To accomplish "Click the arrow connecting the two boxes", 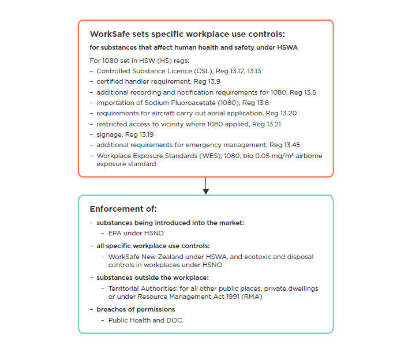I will tap(206, 186).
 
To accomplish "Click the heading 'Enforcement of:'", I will tap(123, 209).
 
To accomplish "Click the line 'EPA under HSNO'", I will tap(136, 233).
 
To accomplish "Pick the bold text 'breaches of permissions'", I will tap(136, 309).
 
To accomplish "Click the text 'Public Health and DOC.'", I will tap(145, 320).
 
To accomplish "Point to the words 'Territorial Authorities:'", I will tap(142, 288).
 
